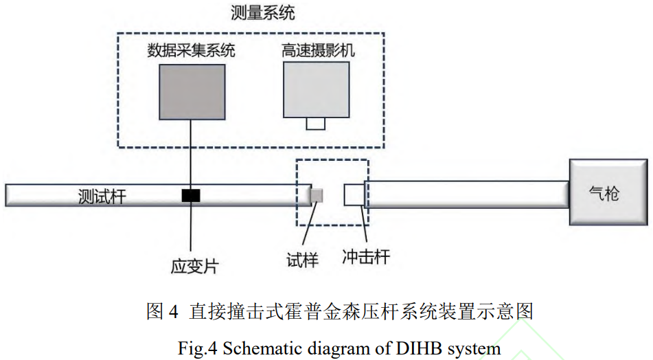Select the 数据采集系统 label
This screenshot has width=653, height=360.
point(190,50)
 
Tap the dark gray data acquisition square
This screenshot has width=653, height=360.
point(190,91)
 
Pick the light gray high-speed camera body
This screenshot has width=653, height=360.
point(315,89)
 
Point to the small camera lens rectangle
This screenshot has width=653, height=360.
point(316,124)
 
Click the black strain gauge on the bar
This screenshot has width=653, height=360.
point(190,196)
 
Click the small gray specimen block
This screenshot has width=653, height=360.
point(317,196)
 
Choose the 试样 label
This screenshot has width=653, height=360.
point(303,258)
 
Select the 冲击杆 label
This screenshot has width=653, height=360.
point(366,258)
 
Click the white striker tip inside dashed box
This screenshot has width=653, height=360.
point(354,194)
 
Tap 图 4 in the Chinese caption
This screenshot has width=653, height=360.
point(162,311)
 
